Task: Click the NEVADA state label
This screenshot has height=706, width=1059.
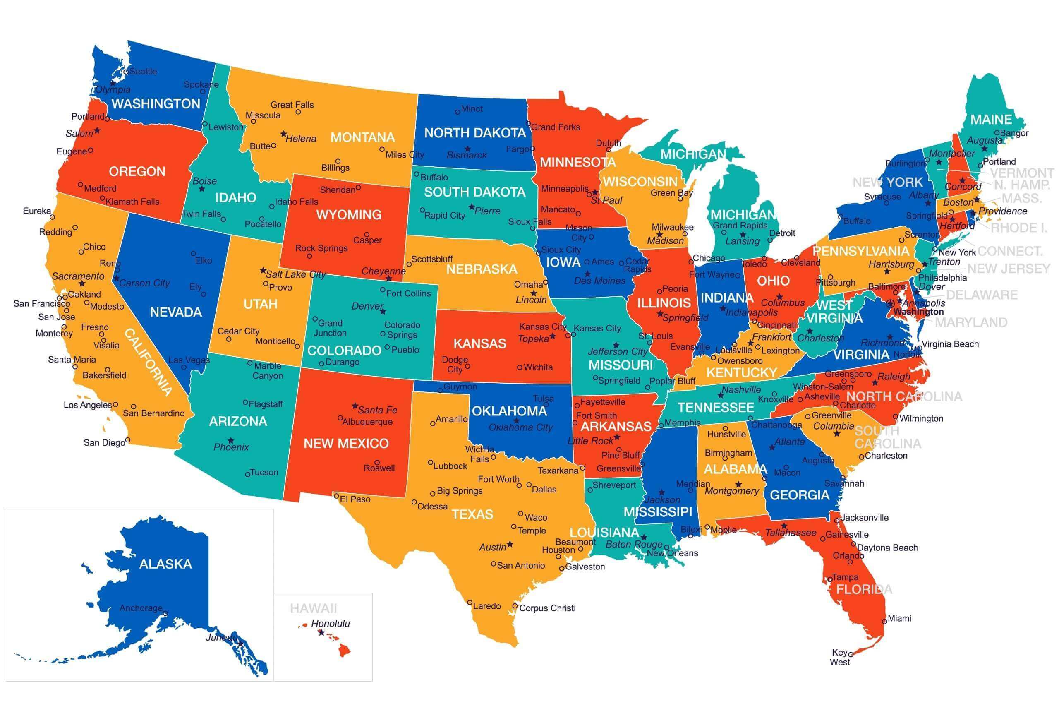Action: tap(175, 312)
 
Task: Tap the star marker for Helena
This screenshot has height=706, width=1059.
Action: tap(283, 134)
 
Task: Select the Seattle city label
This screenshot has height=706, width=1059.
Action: tap(143, 71)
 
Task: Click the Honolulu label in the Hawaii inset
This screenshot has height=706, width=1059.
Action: tap(331, 624)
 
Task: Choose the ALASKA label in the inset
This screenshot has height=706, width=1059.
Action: tap(165, 564)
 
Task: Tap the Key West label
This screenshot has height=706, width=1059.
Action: tap(839, 657)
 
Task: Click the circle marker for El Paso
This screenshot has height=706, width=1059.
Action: tap(336, 495)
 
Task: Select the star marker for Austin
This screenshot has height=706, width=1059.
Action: tap(510, 544)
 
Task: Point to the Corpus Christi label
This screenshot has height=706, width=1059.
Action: tap(547, 608)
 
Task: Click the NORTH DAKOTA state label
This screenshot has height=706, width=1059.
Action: tap(475, 133)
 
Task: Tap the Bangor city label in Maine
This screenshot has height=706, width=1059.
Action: tap(1014, 133)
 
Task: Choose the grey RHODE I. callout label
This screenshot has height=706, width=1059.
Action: tap(1019, 228)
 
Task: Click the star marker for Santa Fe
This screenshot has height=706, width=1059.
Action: tap(355, 406)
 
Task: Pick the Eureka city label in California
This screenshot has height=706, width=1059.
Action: tap(37, 211)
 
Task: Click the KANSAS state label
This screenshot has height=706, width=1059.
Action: tap(480, 343)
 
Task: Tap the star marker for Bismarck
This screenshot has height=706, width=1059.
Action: tap(467, 149)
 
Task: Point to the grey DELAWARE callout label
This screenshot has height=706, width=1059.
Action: tap(982, 295)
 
